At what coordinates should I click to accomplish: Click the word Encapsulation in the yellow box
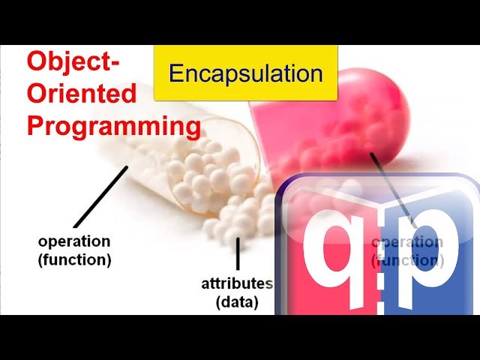pyautogui.click(x=246, y=73)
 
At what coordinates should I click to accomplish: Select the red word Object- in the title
pyautogui.click(x=73, y=62)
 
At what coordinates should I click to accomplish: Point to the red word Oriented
pyautogui.click(x=82, y=93)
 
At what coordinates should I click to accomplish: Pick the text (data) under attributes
pyautogui.click(x=237, y=302)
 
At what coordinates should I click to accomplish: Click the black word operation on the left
pyautogui.click(x=74, y=241)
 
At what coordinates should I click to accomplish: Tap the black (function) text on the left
pyautogui.click(x=74, y=260)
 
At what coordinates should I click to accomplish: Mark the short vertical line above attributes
pyautogui.click(x=238, y=254)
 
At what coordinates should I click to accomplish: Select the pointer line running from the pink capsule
pyautogui.click(x=390, y=187)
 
